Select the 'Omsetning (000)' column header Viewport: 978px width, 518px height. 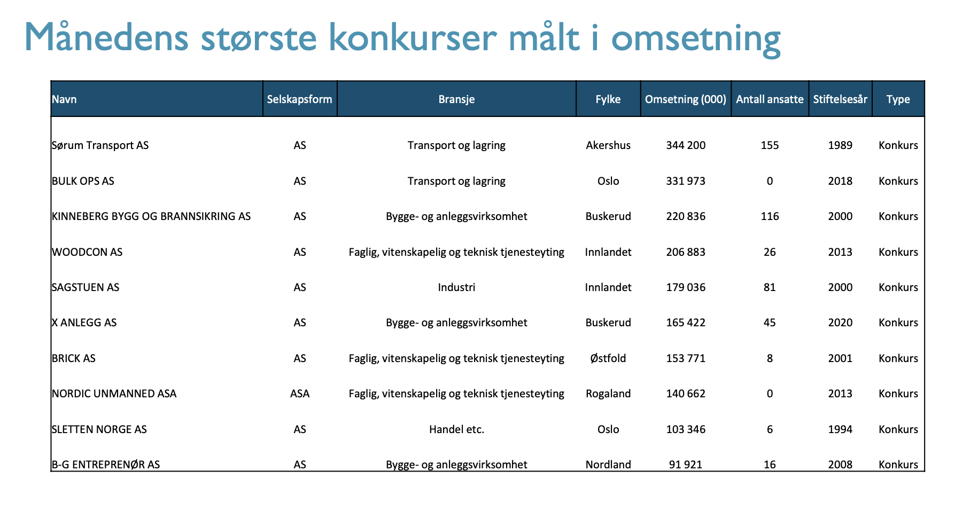pos(686,99)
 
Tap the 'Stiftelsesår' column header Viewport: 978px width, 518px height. pos(840,99)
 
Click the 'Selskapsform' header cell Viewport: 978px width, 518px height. pos(299,99)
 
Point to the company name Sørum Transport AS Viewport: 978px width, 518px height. pos(100,145)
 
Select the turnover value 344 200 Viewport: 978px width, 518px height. pos(686,145)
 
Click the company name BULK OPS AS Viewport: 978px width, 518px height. pos(83,181)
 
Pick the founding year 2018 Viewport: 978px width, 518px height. pos(840,181)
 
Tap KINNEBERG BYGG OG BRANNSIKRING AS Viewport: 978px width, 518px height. pos(151,216)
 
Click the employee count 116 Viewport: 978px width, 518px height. pos(770,216)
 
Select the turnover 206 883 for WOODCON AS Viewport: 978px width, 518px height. pos(686,252)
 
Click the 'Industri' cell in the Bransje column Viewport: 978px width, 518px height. pos(456,287)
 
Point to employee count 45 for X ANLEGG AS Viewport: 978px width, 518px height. pos(770,323)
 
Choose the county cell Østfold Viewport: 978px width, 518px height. pos(608,358)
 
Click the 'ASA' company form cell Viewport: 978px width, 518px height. pos(300,394)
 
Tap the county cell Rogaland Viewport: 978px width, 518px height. pos(608,394)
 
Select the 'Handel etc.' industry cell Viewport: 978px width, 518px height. pos(456,429)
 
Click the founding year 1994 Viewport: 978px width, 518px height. pos(840,429)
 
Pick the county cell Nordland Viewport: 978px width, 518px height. pos(608,465)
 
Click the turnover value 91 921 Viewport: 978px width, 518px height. pos(686,465)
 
